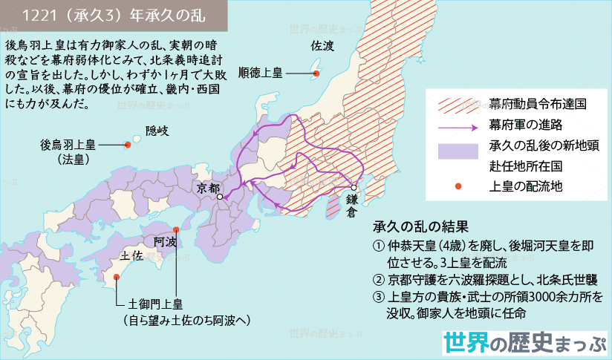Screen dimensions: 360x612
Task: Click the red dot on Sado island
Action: point(316,73)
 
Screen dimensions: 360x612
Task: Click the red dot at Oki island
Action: point(128,145)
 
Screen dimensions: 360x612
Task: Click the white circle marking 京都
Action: point(220,197)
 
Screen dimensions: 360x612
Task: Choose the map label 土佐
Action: point(132,255)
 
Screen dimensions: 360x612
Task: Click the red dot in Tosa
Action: point(117,278)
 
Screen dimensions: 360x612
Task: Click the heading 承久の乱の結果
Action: point(421,226)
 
